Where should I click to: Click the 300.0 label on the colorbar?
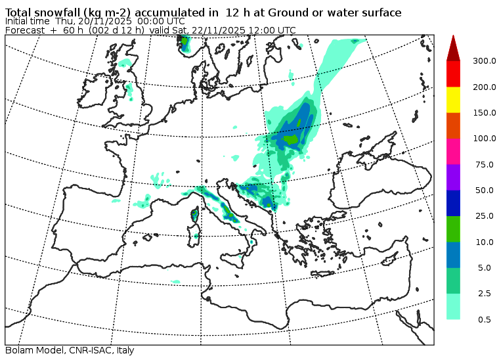pos(483,61)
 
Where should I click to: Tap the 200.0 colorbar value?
pos(483,87)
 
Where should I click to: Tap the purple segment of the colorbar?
pos(453,177)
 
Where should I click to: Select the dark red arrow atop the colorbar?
pos(453,48)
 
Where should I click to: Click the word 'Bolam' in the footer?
pos(18,351)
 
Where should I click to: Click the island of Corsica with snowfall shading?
pos(194,214)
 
